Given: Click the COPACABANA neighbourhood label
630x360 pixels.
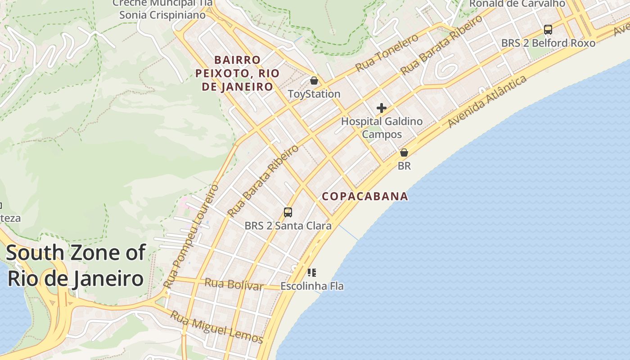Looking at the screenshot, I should coord(365,196).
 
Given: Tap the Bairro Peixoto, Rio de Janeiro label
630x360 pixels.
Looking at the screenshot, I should coord(237,73).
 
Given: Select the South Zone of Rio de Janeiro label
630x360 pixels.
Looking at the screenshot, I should coord(76,265).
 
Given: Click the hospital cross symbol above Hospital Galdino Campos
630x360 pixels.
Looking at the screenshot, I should coord(382,108).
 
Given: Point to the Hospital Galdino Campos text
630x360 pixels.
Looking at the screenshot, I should coord(382,128).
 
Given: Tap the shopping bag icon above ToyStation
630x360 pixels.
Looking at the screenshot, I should coord(314,81).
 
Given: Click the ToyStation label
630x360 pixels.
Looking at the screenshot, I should coord(314,94).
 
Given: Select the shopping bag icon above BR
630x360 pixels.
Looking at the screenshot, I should coord(404,153).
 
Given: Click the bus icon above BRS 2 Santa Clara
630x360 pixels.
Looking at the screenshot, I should coord(288,212).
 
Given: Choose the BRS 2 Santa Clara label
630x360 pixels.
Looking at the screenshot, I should coord(288,225).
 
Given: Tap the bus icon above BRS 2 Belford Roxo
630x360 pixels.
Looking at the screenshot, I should coord(548,30).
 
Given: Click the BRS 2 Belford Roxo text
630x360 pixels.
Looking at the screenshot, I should coord(548,43).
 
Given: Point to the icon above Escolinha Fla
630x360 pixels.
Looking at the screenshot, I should coord(312,272).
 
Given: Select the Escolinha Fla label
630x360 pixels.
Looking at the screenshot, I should coord(312,286).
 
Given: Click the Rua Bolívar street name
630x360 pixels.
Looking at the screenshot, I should coord(234,284).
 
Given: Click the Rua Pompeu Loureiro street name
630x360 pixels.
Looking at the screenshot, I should coord(191,236).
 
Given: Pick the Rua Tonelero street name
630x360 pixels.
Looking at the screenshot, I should coord(387,53).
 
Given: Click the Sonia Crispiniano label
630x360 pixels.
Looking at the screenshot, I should coord(162,15).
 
